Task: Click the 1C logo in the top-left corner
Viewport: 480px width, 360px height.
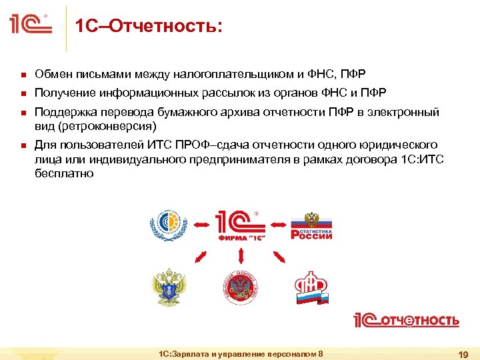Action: click(31, 26)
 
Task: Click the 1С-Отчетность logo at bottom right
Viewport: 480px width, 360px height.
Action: click(405, 320)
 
